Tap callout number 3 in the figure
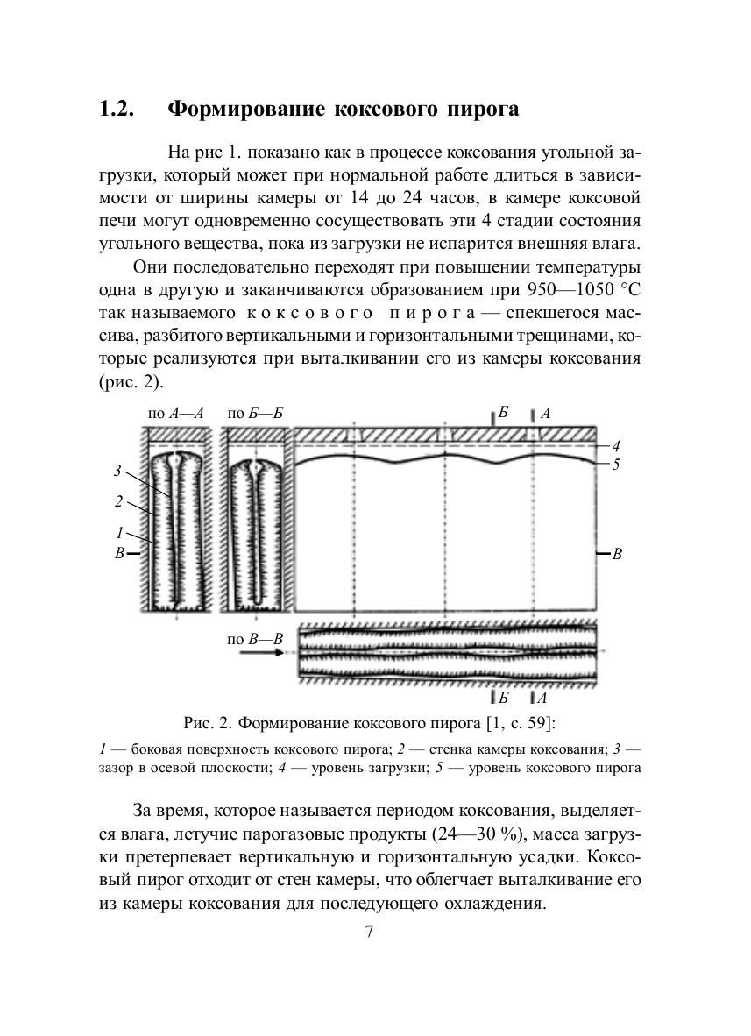tap(117, 471)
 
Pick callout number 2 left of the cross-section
tap(117, 501)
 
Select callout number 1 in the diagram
tap(119, 531)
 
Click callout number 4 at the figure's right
tap(615, 447)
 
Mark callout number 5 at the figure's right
tap(615, 464)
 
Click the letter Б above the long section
tap(503, 412)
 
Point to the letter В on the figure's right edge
tap(617, 554)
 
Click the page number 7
tap(369, 932)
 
